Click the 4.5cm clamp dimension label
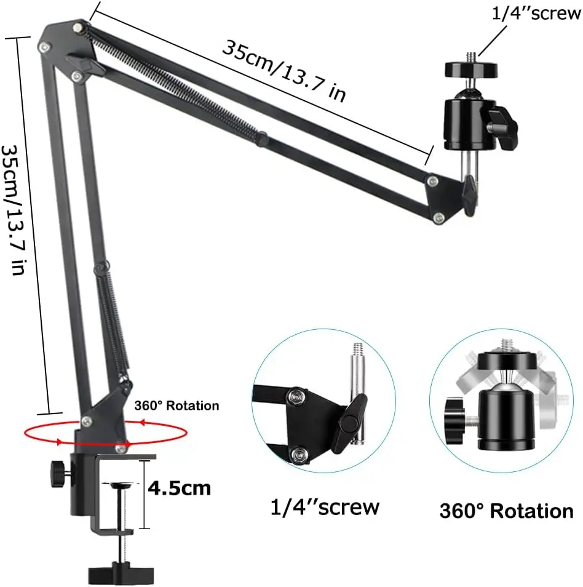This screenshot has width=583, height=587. (x=180, y=488)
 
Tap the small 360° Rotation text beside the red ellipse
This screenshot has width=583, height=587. (x=176, y=406)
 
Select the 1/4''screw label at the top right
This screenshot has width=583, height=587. (x=536, y=14)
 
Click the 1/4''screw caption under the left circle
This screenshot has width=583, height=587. (x=325, y=507)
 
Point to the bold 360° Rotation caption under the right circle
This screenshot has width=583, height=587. (x=506, y=511)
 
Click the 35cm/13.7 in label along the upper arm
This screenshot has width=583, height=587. (x=284, y=71)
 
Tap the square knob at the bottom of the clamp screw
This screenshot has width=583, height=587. (x=121, y=573)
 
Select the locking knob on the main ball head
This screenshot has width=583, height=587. (x=504, y=127)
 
